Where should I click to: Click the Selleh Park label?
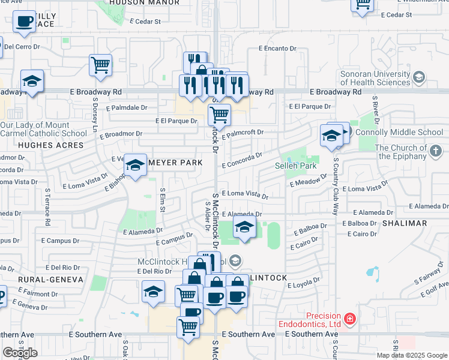click(295, 166)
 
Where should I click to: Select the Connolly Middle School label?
click(399, 132)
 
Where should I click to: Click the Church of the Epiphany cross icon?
click(436, 152)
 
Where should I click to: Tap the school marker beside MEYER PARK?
click(136, 166)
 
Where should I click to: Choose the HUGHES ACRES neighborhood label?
click(41, 145)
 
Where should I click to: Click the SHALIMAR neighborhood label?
click(407, 223)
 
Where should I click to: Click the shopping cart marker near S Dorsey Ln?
click(101, 65)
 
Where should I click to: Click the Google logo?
click(20, 353)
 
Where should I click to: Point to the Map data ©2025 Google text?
click(412, 355)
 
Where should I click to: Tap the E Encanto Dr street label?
click(277, 48)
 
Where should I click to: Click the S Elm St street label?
click(162, 200)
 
